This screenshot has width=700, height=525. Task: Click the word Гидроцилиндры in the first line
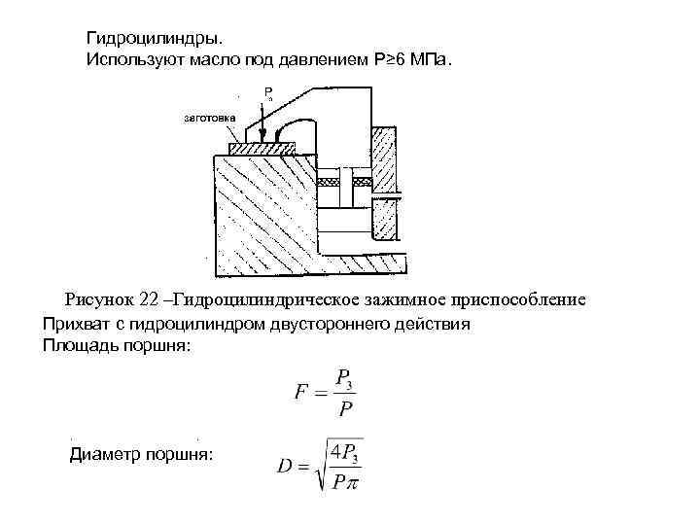155,39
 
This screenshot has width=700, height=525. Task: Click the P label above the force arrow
266,92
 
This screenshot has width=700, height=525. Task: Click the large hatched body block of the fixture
262,214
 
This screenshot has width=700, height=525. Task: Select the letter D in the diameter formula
285,466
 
